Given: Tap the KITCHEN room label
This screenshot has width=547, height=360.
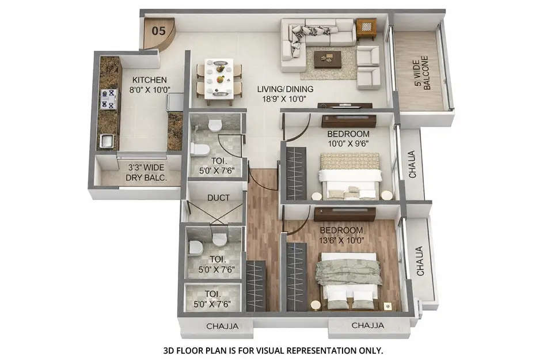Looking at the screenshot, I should coord(149,80).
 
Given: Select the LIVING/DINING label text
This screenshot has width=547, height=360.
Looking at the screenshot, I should coord(286,89).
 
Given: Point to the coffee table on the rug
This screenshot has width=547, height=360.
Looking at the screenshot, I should coord(328,58).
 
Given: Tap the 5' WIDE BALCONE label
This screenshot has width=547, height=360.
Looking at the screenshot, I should coord(422,71).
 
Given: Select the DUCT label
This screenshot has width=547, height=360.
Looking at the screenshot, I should coord(218,198).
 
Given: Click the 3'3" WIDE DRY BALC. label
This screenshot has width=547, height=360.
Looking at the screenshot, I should coord(146,173).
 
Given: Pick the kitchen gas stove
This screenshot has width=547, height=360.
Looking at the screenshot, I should coord(108,98).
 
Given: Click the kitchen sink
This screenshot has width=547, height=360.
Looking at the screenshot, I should coord(106,140).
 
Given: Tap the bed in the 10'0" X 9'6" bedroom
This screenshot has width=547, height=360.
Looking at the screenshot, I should coord(350,176).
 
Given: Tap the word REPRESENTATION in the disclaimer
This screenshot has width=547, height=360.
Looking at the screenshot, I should coord(307,350).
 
